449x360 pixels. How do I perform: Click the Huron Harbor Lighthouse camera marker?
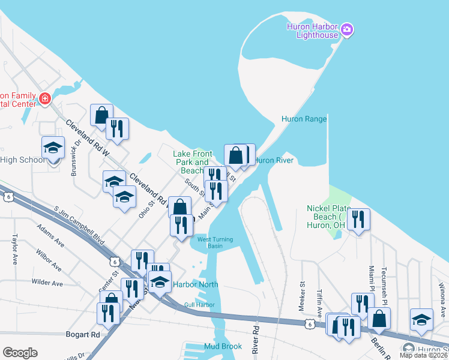(347, 29)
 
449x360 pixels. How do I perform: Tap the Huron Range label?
(304, 119)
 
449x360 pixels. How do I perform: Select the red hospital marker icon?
(44, 98)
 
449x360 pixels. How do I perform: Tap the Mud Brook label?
(223, 346)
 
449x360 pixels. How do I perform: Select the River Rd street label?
(256, 339)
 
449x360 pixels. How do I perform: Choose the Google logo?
(20, 353)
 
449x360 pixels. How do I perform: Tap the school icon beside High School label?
(53, 148)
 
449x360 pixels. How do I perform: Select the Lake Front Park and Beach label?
(193, 162)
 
